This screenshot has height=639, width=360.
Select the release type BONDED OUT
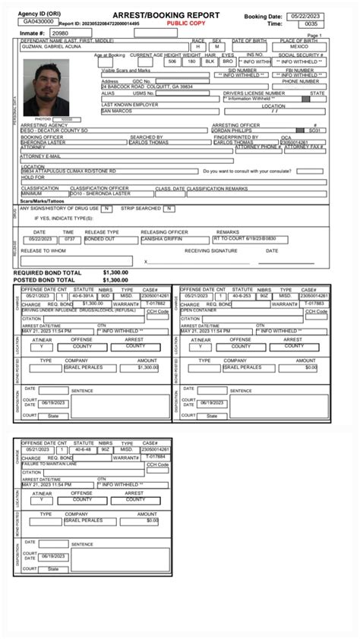[x=100, y=238]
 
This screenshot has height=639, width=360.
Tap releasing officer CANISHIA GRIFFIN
[x=161, y=238]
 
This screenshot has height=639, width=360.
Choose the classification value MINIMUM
[x=32, y=193]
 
